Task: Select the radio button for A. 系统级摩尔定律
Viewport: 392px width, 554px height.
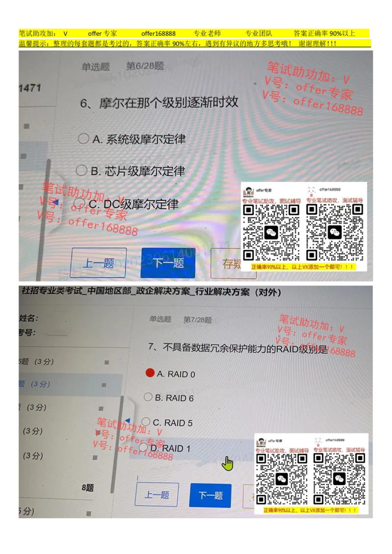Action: (x=83, y=139)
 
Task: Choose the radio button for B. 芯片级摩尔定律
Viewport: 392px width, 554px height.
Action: (x=81, y=170)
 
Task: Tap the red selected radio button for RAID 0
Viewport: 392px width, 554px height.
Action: (x=150, y=373)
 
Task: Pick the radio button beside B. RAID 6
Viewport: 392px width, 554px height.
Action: (x=148, y=397)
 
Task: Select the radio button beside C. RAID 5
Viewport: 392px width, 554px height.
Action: (x=146, y=421)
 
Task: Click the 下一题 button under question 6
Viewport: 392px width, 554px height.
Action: (x=168, y=263)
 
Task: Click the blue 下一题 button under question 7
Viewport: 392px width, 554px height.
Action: (x=210, y=495)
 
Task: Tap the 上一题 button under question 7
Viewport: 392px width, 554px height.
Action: (x=156, y=495)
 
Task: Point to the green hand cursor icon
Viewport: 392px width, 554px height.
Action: (x=227, y=463)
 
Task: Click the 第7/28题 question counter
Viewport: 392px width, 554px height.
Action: (x=197, y=320)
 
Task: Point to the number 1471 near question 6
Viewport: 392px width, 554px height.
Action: (x=29, y=88)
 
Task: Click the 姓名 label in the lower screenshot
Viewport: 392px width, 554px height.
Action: (x=28, y=318)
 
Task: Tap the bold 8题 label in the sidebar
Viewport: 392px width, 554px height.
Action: (x=88, y=488)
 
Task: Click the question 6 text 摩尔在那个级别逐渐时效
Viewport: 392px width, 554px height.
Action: (x=159, y=103)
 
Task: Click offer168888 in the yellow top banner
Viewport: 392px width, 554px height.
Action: (x=158, y=34)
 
